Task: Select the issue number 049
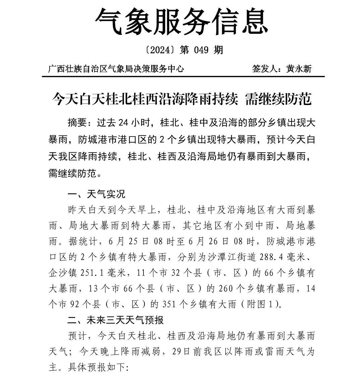[201, 50]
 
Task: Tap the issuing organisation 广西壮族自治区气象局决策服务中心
[116, 69]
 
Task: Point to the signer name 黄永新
[299, 69]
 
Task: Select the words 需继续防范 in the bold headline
[279, 99]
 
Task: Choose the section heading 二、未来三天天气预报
[115, 320]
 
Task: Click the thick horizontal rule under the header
[183, 77]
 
